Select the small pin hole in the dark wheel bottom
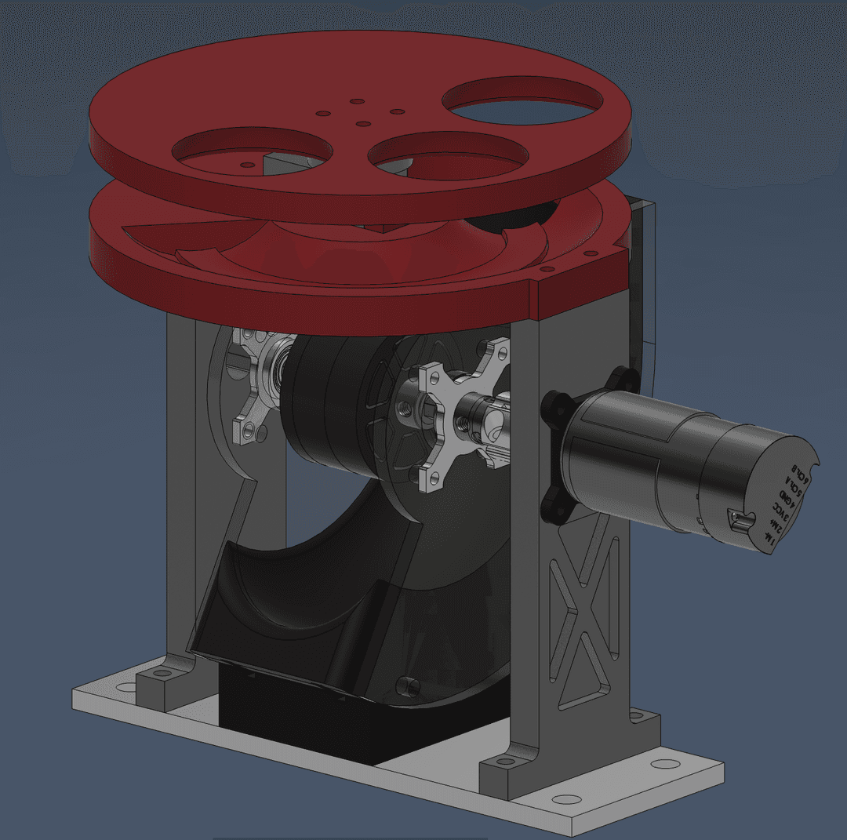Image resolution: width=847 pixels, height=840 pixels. pos(405,684)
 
